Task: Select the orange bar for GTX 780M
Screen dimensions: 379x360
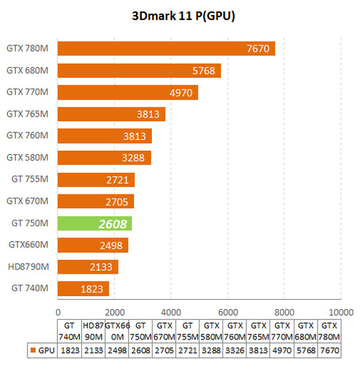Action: [166, 48]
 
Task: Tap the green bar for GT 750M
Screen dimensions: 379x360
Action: [94, 223]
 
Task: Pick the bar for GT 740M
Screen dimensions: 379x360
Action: [83, 288]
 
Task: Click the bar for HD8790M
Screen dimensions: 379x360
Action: [87, 267]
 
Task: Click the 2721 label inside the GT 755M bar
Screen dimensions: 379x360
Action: [115, 179]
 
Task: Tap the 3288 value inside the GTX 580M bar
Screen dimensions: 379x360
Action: [132, 158]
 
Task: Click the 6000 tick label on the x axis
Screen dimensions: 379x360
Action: [227, 312]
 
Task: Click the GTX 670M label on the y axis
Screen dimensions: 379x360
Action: [27, 201]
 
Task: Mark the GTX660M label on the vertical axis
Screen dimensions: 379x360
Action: [28, 245]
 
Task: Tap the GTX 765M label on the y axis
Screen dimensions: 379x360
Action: [27, 114]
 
